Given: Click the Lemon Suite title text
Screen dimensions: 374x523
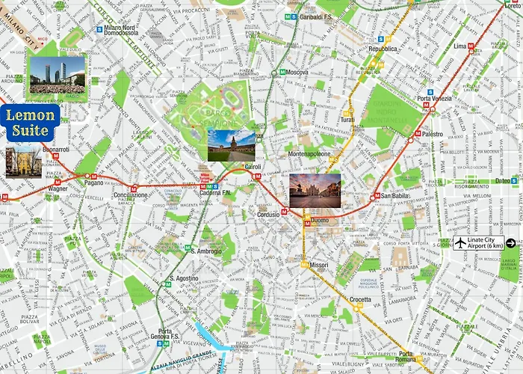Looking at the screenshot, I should tap(30, 123).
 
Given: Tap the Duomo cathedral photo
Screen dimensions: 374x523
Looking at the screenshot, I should tap(315, 190).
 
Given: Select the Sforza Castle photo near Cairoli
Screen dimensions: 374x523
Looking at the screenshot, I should tap(231, 146).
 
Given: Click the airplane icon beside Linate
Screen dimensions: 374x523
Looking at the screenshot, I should tap(459, 242).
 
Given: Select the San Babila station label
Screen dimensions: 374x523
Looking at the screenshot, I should tap(397, 197).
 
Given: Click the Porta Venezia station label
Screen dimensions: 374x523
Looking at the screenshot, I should tap(435, 99).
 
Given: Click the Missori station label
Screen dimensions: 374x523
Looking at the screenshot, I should tap(320, 265).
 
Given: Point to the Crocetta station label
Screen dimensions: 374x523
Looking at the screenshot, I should tap(360, 300).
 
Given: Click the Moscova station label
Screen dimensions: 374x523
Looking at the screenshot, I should tap(297, 73).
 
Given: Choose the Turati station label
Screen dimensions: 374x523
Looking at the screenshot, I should tap(347, 120).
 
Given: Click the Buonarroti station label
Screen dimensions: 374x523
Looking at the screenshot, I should tap(55, 150).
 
